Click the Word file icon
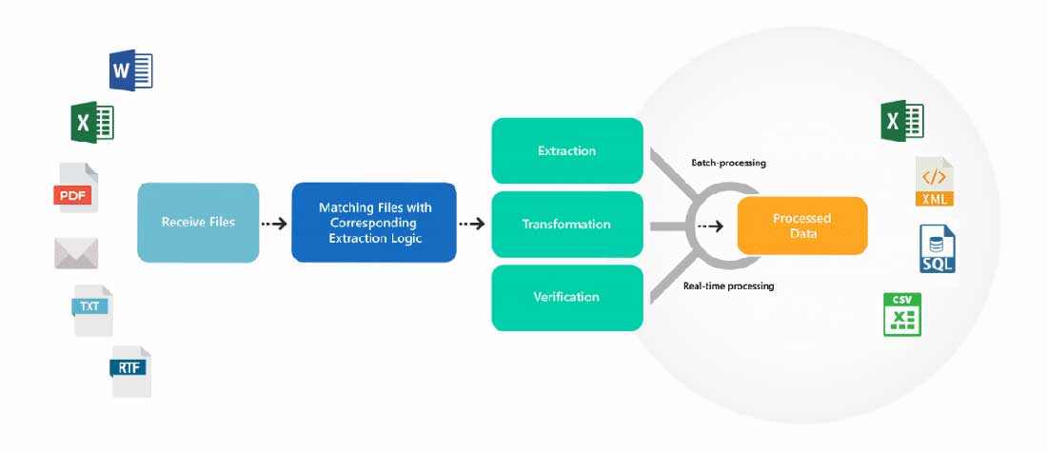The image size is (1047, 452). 131,70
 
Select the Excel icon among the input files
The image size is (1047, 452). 92,123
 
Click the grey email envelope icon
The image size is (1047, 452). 76,252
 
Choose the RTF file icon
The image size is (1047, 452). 130,370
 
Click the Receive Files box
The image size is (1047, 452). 198,223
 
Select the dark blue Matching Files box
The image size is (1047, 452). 374,223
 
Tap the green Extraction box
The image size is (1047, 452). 566,150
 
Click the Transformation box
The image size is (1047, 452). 566,225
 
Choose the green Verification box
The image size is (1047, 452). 566,297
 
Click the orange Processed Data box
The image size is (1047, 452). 801,226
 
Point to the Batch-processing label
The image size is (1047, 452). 728,163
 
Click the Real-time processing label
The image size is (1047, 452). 728,285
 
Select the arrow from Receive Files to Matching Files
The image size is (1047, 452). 274,225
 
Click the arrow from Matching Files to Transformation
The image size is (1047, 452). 472,225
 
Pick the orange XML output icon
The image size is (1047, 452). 934,183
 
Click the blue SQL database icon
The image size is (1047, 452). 937,249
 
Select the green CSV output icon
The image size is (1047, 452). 901,315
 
